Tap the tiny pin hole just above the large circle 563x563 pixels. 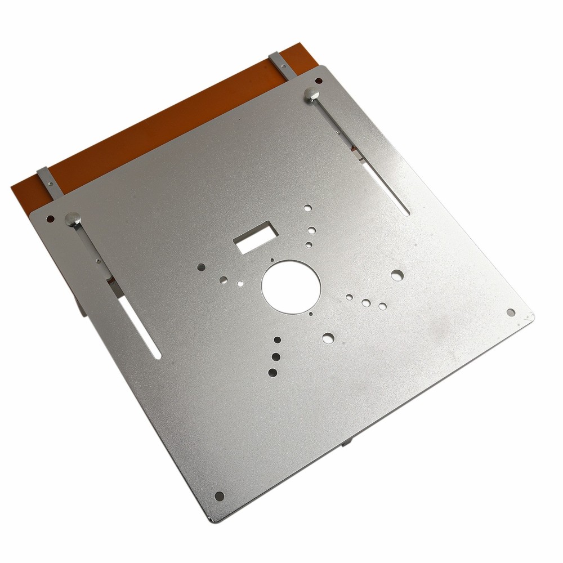click(272, 260)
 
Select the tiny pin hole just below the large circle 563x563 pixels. click(310, 313)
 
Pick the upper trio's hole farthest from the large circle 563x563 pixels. click(307, 208)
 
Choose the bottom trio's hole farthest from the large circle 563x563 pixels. click(273, 372)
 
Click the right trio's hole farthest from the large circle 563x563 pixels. click(382, 306)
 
